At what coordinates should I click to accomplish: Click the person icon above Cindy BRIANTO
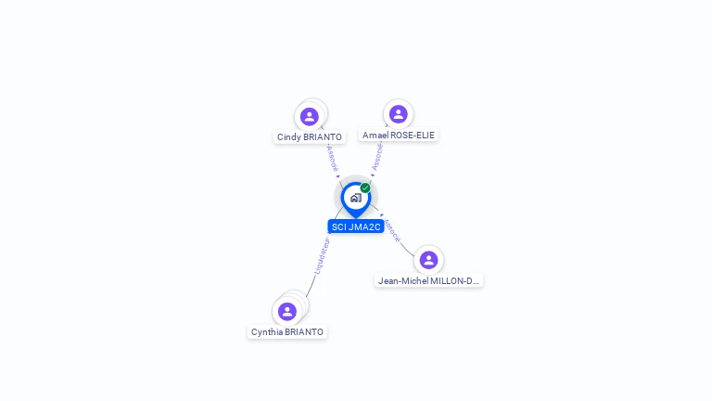tap(310, 117)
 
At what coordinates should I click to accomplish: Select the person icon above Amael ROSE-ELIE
tap(398, 114)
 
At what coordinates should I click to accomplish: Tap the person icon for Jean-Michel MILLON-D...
tap(428, 260)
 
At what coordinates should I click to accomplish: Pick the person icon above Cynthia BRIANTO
tap(287, 311)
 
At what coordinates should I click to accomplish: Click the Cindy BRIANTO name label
tap(310, 137)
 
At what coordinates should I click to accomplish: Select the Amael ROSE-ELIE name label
tap(399, 135)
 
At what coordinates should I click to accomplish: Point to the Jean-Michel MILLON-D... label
tap(428, 280)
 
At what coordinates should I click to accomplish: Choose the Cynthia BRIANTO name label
tap(287, 331)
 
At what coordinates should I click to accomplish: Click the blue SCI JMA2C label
tap(356, 226)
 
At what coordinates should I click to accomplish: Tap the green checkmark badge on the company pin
tap(365, 188)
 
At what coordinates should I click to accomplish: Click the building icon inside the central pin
tap(355, 198)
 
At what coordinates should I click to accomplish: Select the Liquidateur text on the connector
tap(321, 255)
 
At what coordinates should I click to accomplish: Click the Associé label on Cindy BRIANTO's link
tap(332, 157)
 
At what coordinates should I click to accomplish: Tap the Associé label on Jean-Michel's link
tap(392, 230)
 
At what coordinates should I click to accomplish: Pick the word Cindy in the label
tap(287, 137)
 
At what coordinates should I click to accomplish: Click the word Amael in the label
tap(375, 135)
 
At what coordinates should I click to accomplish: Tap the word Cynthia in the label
tap(267, 331)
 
